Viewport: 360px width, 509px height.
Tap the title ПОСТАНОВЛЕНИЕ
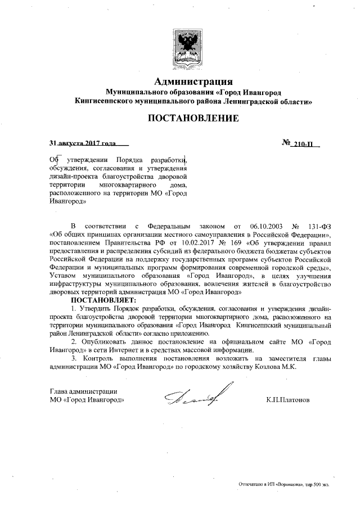point(193,119)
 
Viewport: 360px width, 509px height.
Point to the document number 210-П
point(307,144)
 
